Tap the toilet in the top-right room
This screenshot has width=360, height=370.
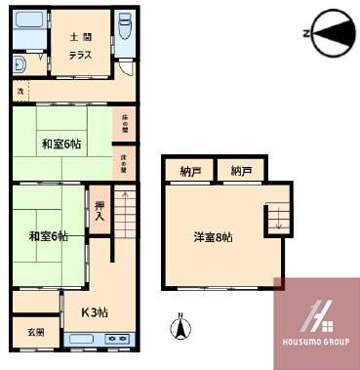125,28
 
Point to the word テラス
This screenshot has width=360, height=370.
80,55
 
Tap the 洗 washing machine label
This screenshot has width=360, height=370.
19,91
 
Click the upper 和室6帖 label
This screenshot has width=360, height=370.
61,144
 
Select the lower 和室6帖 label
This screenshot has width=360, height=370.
49,236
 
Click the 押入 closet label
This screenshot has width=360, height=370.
100,211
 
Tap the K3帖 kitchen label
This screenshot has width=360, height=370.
95,313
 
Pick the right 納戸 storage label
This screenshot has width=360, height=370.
241,171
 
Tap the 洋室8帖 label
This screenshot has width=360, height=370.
213,236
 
